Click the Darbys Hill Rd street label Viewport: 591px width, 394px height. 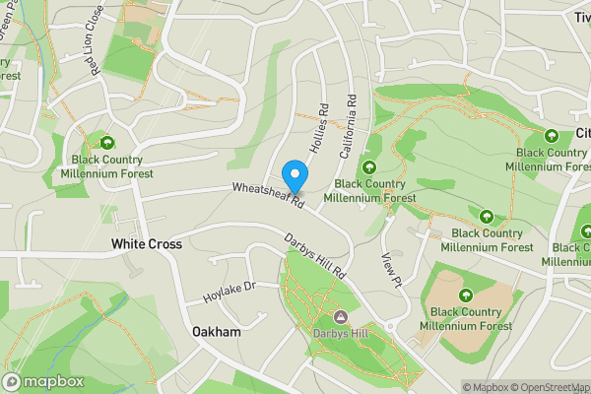317,254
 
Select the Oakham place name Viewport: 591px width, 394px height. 217,332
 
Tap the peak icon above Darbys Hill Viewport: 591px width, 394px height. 341,316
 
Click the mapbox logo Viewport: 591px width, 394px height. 42,381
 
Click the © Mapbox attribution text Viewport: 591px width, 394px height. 485,387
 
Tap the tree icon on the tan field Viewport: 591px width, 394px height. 466,295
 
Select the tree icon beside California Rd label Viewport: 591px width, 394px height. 370,166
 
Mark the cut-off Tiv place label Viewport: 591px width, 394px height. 580,17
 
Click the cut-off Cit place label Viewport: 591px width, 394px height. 581,133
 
